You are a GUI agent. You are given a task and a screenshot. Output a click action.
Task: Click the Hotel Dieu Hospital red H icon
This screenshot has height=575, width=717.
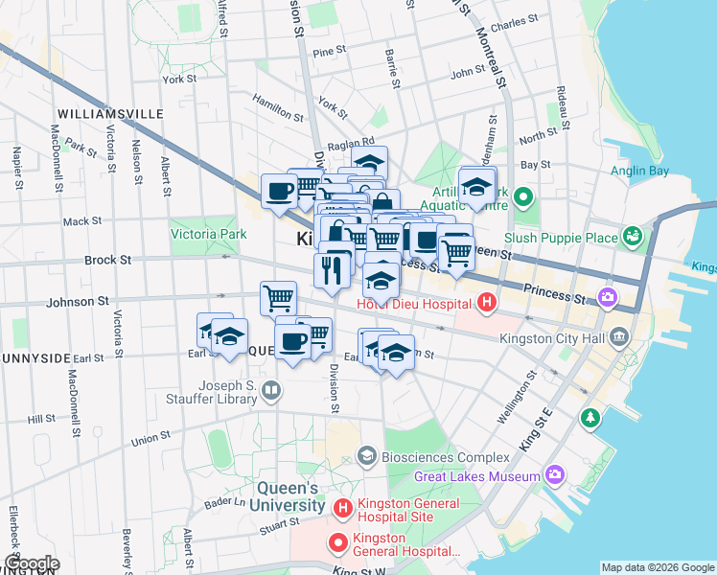(x=486, y=305)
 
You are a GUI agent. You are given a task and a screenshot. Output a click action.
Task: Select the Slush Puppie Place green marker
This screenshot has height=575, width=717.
(x=632, y=236)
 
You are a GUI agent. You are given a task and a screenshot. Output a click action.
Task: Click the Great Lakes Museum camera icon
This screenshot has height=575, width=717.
(x=554, y=475)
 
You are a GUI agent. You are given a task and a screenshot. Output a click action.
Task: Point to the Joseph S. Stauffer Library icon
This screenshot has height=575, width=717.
(x=272, y=390)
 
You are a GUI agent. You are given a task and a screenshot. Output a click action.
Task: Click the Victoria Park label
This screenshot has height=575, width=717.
(x=208, y=234)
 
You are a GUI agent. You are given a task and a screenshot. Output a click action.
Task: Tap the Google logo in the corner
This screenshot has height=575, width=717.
(x=31, y=563)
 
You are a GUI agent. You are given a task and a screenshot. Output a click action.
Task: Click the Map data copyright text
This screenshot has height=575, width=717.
(x=658, y=567)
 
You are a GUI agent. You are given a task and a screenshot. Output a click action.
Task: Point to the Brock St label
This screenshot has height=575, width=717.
(x=107, y=260)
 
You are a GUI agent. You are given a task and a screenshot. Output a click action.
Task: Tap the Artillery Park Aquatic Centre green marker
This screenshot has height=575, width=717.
(x=522, y=198)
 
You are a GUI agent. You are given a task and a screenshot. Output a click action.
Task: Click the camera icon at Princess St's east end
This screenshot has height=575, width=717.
(x=608, y=298)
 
